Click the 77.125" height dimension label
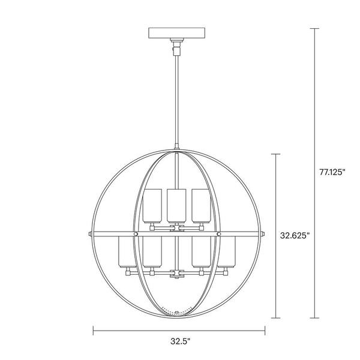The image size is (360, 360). [x=333, y=172]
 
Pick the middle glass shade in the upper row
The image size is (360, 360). [x=176, y=204]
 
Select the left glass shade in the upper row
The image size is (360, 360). [x=152, y=204]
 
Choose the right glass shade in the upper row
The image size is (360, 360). [x=199, y=204]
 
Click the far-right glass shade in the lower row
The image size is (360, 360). [x=226, y=253]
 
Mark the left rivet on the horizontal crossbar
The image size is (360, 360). [x=137, y=232]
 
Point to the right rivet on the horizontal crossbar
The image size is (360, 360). [x=218, y=232]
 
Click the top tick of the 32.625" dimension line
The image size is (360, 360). [x=275, y=155]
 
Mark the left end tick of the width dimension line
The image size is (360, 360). [x=93, y=329]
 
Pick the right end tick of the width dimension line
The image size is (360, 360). [x=265, y=329]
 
